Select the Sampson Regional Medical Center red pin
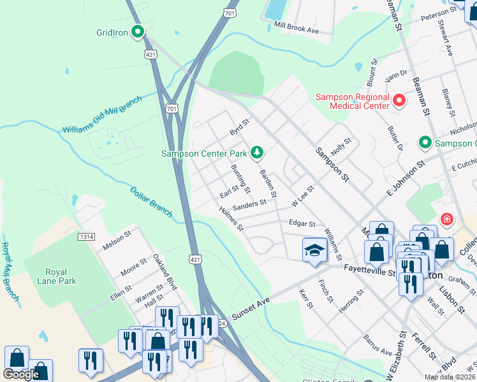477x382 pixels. (399, 100)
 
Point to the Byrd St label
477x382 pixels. (239, 127)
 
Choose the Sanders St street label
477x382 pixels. (249, 204)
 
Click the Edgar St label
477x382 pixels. (302, 223)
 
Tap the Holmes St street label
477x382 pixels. (231, 218)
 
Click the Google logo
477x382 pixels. (21, 374)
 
